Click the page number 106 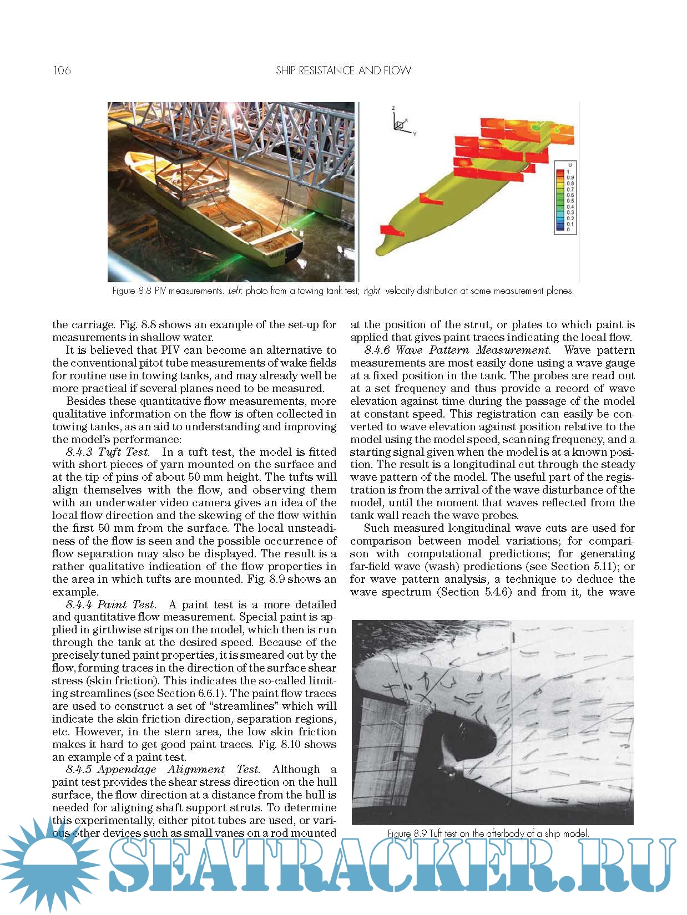coord(62,70)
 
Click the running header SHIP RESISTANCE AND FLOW coord(343,70)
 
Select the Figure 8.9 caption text coord(488,833)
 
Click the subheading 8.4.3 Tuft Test coord(108,452)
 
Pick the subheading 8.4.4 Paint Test coord(110,604)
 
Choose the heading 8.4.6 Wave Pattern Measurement coord(457,350)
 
